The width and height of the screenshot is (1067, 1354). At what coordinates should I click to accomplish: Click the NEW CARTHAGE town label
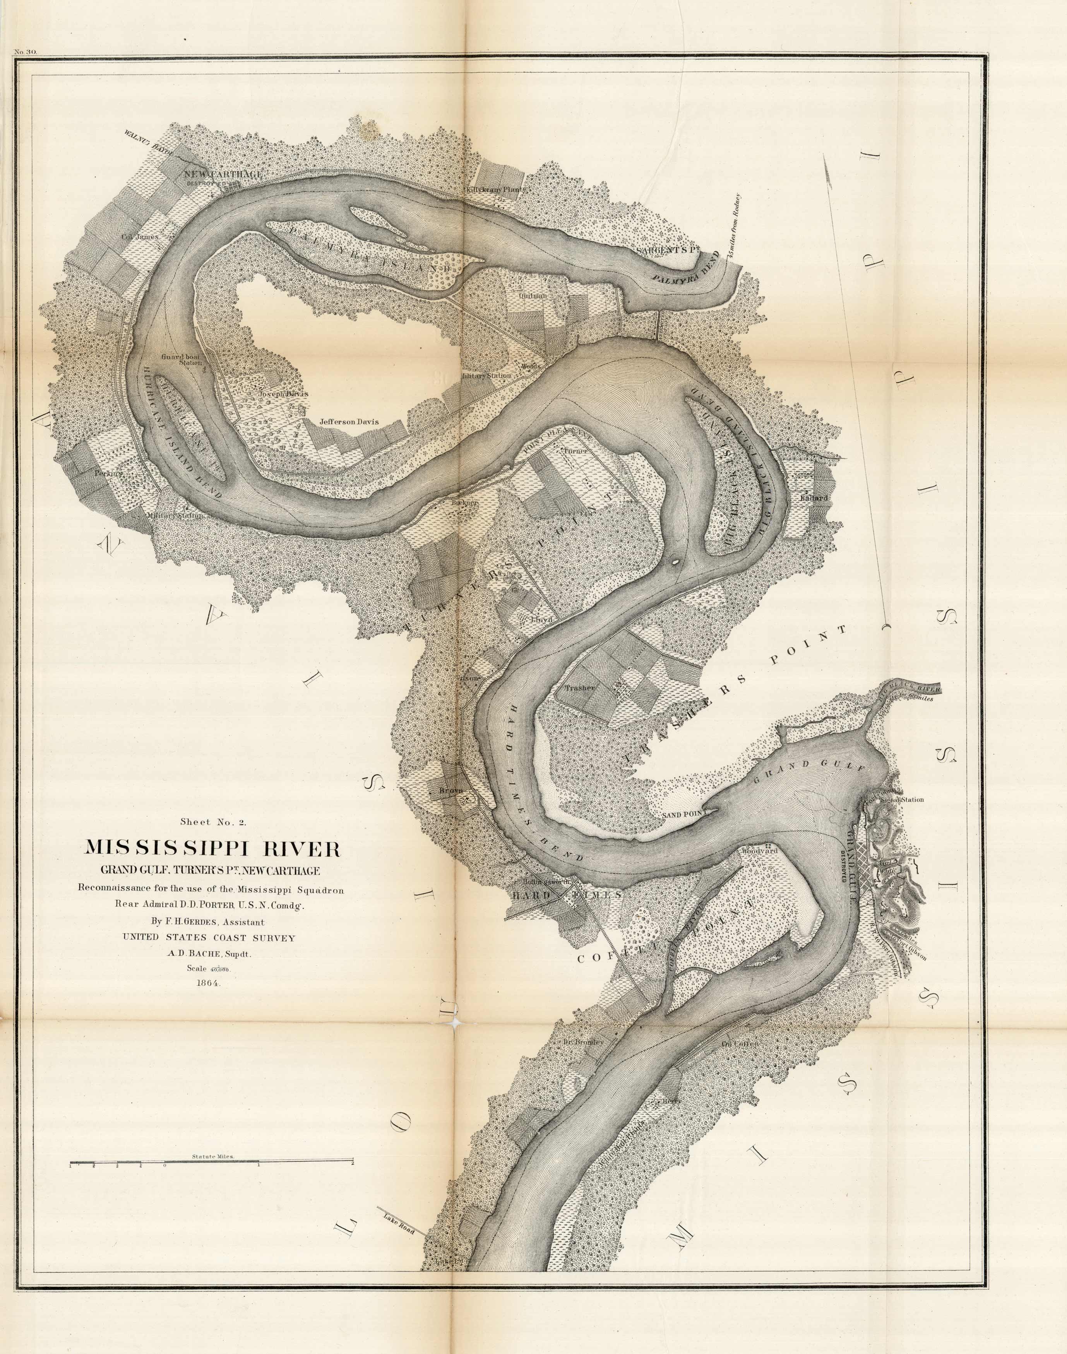(223, 174)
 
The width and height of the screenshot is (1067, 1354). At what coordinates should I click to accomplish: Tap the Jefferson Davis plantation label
(349, 422)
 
